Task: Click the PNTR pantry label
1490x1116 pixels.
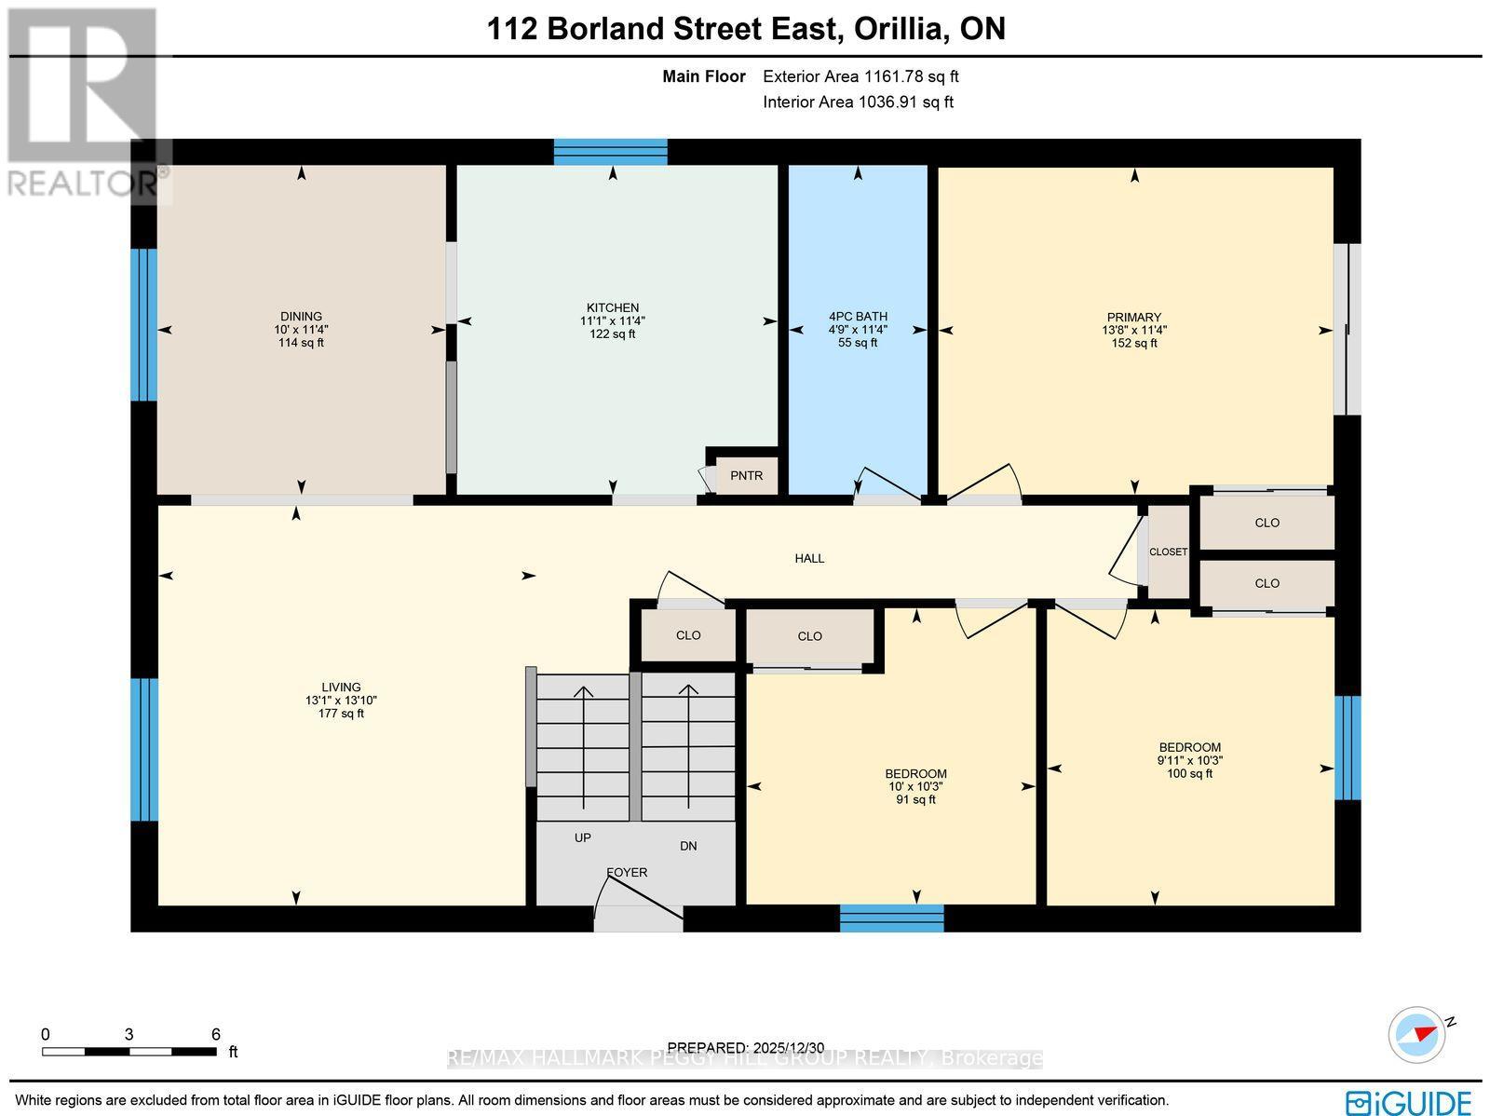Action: coord(746,475)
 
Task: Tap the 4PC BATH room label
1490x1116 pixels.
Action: coord(858,317)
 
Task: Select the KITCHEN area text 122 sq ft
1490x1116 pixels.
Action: coord(612,333)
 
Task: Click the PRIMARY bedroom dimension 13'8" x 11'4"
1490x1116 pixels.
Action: coord(1133,330)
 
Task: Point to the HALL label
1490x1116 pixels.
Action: coord(809,558)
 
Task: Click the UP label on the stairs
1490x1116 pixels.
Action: coord(583,837)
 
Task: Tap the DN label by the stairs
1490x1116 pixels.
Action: coord(688,846)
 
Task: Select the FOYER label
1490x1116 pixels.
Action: coord(627,873)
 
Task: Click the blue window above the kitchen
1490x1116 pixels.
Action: coord(611,151)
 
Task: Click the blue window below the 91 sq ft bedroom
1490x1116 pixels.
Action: coord(891,918)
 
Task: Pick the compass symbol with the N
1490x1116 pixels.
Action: coord(1416,1034)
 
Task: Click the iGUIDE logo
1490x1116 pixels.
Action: coord(1409,1102)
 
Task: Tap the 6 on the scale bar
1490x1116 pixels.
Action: coord(216,1034)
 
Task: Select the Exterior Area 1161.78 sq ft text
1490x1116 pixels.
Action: coord(860,77)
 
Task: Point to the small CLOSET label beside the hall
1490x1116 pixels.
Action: coord(1168,551)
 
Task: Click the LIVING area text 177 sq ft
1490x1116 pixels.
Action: coord(341,714)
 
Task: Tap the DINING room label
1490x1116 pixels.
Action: coord(301,317)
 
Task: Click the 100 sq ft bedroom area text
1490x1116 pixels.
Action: coord(1189,773)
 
